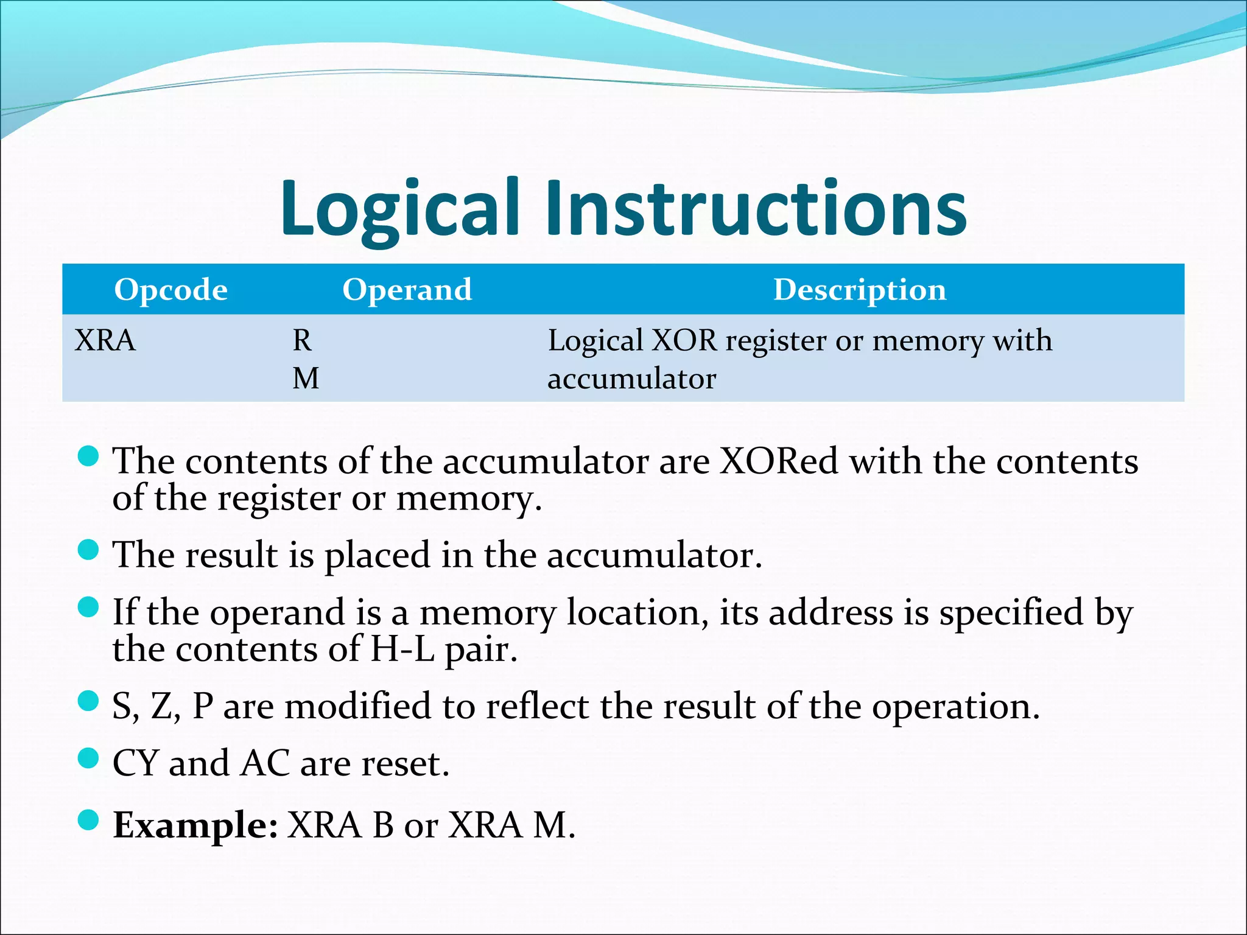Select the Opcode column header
click(170, 290)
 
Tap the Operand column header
click(407, 290)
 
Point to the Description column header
click(859, 290)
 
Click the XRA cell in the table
click(105, 340)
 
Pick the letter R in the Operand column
click(302, 340)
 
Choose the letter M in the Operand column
click(306, 379)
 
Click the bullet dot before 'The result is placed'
click(89, 550)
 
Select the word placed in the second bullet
click(377, 556)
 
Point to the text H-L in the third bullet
click(402, 649)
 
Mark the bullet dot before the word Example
click(89, 819)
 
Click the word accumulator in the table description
click(631, 379)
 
